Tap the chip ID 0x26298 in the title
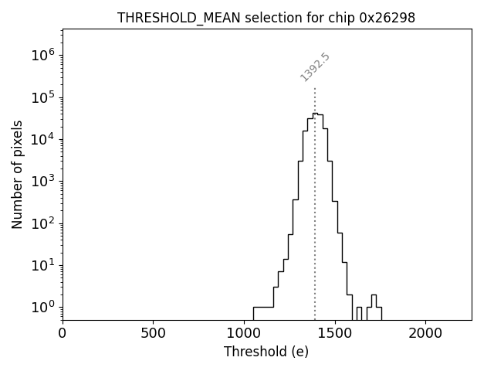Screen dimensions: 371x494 pos(387,18)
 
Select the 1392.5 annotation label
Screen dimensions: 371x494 pos(315,67)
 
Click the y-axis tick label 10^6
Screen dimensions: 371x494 pos(42,56)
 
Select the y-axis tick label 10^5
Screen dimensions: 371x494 pos(42,97)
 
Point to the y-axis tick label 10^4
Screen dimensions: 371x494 pos(42,139)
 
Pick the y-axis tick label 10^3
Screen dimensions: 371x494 pos(42,182)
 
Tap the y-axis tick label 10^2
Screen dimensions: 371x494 pos(42,223)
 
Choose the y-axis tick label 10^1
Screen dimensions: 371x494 pos(42,266)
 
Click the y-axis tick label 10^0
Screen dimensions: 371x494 pos(42,308)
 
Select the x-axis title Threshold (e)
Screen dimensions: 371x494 pos(266,352)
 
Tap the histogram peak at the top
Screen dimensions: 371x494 pos(315,114)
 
